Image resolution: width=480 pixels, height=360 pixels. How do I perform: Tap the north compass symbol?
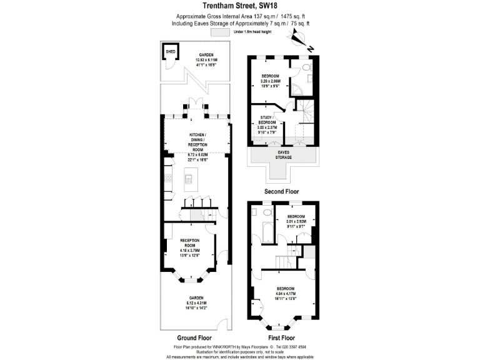(300, 42)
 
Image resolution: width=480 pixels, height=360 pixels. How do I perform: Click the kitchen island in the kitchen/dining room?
(190, 181)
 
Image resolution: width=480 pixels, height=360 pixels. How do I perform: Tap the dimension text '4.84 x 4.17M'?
(285, 293)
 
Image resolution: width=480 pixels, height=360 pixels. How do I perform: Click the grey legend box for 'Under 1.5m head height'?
(220, 31)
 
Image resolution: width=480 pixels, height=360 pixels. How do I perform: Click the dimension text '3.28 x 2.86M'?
(271, 81)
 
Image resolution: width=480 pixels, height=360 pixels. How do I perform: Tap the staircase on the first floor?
(286, 256)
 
